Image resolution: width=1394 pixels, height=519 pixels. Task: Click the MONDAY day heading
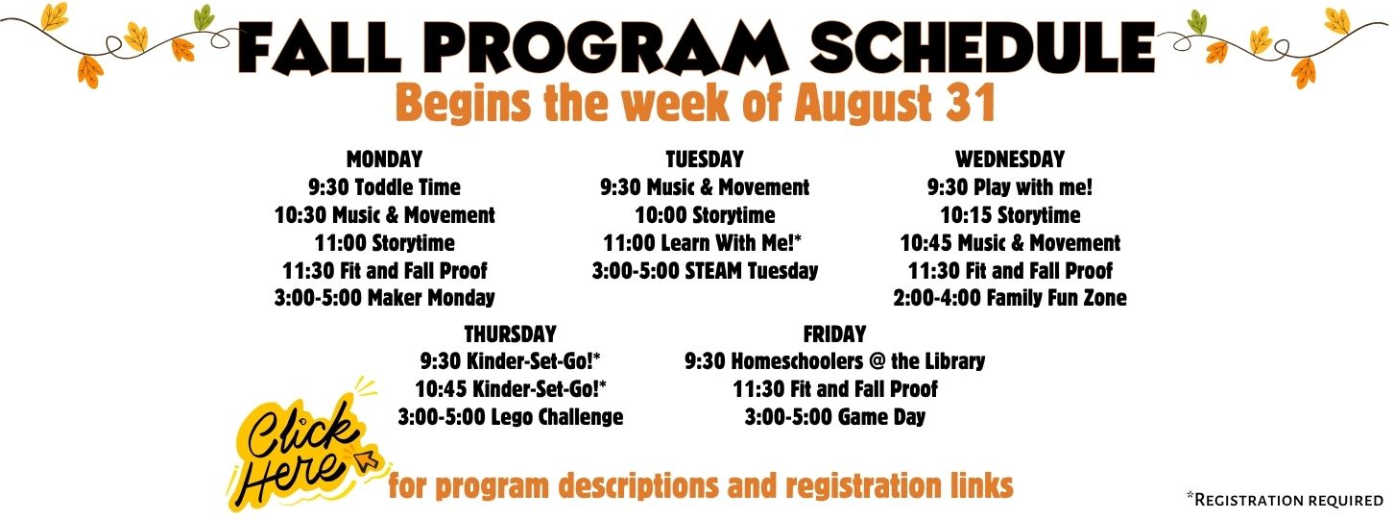click(385, 159)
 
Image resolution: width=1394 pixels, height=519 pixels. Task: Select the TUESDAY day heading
click(705, 159)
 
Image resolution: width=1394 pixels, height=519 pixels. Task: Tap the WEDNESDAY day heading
click(1010, 159)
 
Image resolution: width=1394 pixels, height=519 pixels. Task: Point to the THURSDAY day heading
click(510, 334)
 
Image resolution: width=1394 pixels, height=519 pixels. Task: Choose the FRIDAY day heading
click(834, 334)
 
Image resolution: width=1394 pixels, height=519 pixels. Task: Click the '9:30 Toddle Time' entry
click(385, 186)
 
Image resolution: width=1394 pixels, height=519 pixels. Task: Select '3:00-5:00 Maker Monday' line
click(385, 298)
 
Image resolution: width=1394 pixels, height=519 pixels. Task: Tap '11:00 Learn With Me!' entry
click(702, 242)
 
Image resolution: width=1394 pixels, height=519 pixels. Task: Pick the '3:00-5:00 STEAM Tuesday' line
click(705, 270)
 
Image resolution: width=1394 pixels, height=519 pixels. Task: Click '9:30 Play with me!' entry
click(1010, 186)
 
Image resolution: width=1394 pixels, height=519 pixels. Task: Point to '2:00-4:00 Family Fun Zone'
click(1010, 298)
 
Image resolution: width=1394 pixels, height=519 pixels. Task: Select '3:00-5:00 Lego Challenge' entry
click(511, 417)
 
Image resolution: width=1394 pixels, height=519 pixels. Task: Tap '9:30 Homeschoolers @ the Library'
click(835, 361)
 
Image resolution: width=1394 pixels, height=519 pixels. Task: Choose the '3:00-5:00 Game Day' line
click(835, 417)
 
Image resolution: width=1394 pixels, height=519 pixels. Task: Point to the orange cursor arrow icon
click(367, 459)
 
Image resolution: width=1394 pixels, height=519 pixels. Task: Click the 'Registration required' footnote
click(1286, 500)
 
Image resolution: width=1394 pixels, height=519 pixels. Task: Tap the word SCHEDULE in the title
click(983, 46)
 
